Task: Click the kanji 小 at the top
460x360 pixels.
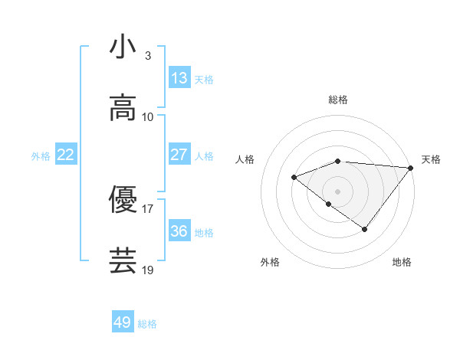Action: click(x=123, y=47)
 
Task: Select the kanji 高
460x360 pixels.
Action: click(x=123, y=108)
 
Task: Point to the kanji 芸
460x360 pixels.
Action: click(x=123, y=260)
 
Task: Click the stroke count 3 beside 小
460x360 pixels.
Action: click(x=147, y=56)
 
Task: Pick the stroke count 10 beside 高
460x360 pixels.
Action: click(x=148, y=117)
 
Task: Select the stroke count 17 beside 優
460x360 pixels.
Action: click(x=148, y=208)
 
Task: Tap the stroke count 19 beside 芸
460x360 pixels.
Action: click(x=148, y=270)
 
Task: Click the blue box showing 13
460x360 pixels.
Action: click(x=179, y=77)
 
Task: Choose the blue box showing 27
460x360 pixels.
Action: click(x=179, y=154)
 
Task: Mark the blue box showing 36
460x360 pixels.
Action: click(x=179, y=231)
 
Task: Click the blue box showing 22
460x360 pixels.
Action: click(x=65, y=155)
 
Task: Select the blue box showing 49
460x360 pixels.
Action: click(x=123, y=322)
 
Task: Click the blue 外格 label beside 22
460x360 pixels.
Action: click(x=41, y=155)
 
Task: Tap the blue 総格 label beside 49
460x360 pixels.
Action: click(x=148, y=324)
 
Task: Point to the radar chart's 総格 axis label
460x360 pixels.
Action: click(x=338, y=100)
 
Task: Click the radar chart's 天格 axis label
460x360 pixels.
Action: click(x=431, y=159)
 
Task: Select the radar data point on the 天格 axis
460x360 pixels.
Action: click(x=411, y=168)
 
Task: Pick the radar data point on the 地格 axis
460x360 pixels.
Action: click(x=365, y=229)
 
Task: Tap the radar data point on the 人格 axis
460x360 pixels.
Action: click(x=294, y=177)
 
